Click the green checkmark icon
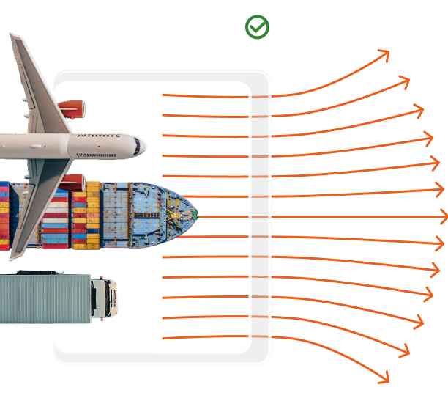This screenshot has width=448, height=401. pyautogui.click(x=257, y=27)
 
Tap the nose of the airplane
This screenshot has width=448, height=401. pyautogui.click(x=145, y=144)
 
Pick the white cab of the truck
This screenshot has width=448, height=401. pyautogui.click(x=103, y=297)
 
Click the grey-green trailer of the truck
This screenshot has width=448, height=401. pyautogui.click(x=44, y=297)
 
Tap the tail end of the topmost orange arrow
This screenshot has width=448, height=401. pyautogui.click(x=163, y=95)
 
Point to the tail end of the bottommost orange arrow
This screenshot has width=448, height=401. pyautogui.click(x=163, y=338)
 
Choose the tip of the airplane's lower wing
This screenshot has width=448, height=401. pyautogui.click(x=13, y=257)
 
